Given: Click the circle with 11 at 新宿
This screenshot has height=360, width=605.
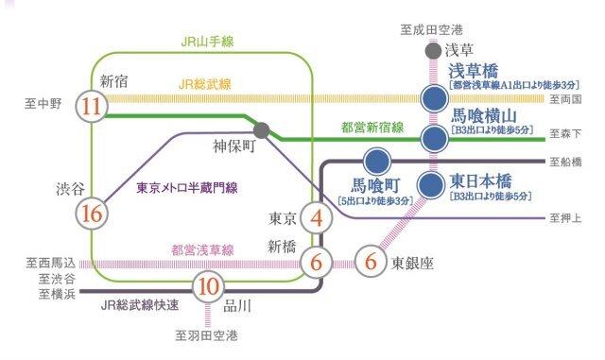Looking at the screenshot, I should coord(92,106).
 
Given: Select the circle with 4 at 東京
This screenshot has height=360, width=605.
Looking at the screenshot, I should coord(317,218).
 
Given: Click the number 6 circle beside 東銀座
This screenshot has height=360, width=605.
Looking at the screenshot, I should coord(371,260).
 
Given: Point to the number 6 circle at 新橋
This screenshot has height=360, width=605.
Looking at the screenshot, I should coord(316,261).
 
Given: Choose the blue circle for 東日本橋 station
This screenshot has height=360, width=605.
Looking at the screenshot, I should coord(433,181).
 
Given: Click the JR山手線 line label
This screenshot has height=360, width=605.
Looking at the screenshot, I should coord(209,42).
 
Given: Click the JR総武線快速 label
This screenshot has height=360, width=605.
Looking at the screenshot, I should coord(141,305).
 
